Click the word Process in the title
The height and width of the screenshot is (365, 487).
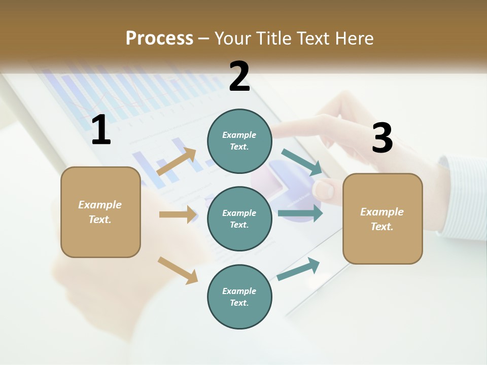pos(159,38)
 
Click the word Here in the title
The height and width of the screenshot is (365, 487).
pos(353,38)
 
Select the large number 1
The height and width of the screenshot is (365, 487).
pos(101,130)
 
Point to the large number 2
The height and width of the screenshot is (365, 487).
pos(239,76)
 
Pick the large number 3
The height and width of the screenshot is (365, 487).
pos(382,138)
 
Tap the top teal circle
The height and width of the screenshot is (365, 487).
pos(239,141)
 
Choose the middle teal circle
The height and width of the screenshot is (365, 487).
pos(239,219)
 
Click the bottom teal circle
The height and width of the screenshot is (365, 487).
pos(239,297)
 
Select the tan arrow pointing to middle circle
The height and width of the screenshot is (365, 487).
pos(178,214)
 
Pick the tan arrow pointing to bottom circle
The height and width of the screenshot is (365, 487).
pos(178,270)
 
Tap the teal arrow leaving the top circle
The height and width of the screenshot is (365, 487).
pos(302,162)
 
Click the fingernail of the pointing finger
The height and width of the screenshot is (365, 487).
pos(323,190)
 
